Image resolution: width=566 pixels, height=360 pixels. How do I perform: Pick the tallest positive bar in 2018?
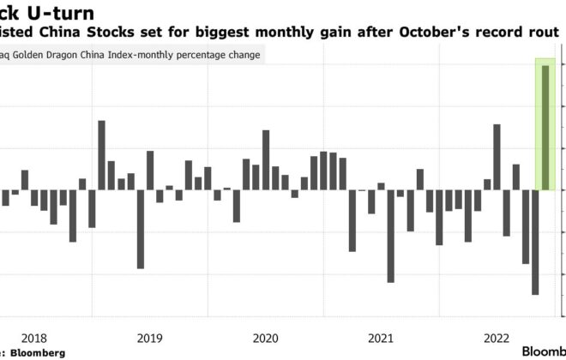[101, 155]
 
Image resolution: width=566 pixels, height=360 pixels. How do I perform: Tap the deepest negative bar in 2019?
[140, 229]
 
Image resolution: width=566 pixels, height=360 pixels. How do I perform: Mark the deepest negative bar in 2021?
[390, 236]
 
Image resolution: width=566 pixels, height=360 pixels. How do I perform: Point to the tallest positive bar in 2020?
[265, 159]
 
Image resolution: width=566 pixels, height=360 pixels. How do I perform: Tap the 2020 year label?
[262, 337]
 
